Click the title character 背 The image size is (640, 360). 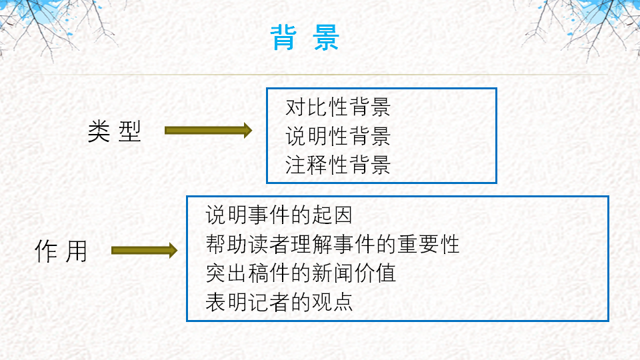click(285, 38)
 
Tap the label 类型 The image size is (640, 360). click(115, 131)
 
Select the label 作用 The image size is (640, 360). click(61, 251)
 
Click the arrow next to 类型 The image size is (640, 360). click(208, 131)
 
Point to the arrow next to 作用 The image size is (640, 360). click(144, 251)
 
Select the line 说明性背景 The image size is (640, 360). click(338, 136)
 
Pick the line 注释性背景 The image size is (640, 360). click(338, 165)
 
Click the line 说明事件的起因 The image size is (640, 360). click(279, 215)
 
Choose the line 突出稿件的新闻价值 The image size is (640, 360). click(301, 273)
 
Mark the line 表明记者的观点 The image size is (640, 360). click(279, 302)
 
